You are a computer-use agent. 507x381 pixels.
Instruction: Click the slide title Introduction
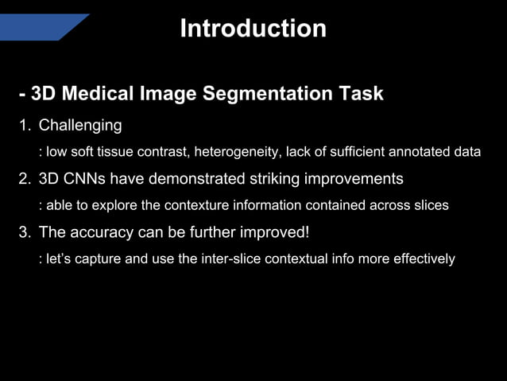pos(253,29)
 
